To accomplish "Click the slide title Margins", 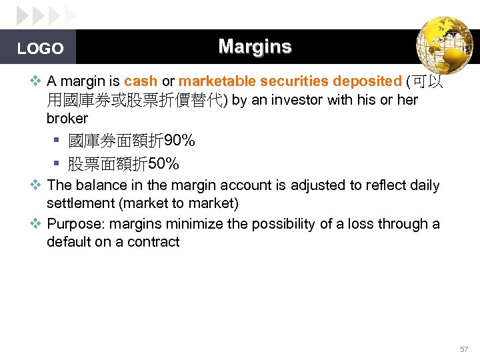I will click(x=255, y=47).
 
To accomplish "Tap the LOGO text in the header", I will click(x=40, y=49).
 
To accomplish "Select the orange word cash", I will click(x=141, y=81).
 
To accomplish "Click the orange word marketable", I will click(x=217, y=81).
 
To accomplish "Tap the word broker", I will click(x=67, y=119).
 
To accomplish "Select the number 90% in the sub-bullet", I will click(x=179, y=141).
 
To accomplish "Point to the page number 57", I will click(x=464, y=349).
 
